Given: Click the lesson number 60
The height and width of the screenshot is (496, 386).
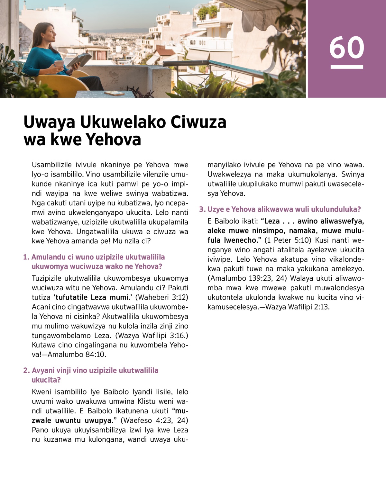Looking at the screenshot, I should tap(346, 48).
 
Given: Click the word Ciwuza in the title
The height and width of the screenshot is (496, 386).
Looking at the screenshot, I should tap(198, 122).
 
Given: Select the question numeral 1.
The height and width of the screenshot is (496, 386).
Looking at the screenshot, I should tap(26, 257).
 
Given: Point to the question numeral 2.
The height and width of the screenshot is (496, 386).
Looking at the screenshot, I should tap(26, 371).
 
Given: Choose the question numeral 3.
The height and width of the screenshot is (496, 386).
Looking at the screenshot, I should tap(202, 210).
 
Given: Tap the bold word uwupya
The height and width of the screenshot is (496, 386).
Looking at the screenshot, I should tap(99, 420).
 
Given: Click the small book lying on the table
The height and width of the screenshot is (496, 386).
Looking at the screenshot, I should tap(114, 93).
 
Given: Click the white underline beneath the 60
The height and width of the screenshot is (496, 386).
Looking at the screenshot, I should tap(346, 67).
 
